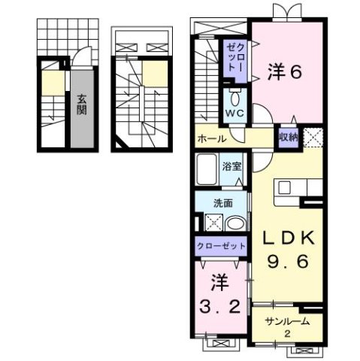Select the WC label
235,115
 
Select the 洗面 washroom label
221,202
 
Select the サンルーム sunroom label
288,321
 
